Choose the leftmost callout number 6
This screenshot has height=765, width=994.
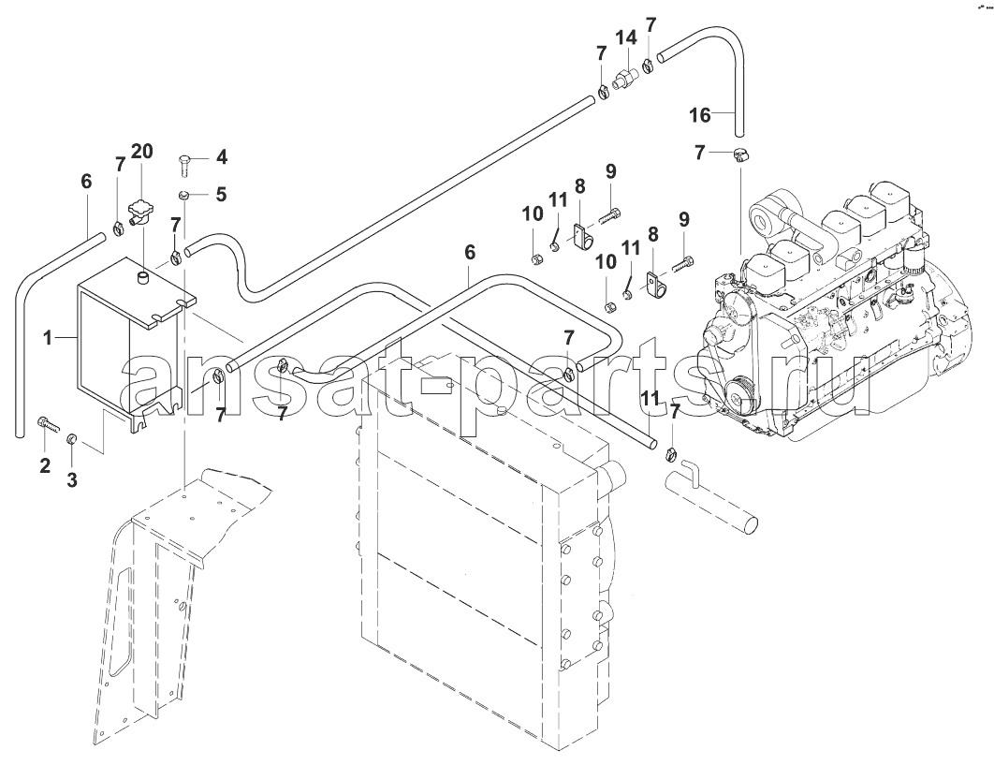click(85, 181)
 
